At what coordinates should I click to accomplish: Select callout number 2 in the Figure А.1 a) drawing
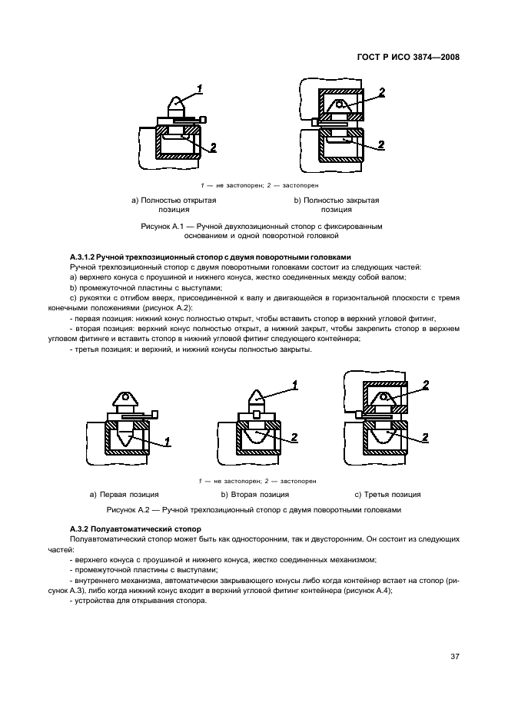click(213, 146)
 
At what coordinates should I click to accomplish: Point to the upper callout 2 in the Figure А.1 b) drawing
click(380, 93)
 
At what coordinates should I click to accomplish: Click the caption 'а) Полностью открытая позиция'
click(174, 204)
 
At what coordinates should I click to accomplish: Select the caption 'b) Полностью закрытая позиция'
click(336, 204)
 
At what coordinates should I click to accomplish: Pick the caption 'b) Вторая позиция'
click(255, 494)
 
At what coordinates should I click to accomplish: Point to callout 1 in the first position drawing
click(168, 442)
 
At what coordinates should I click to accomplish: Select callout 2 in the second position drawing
click(294, 437)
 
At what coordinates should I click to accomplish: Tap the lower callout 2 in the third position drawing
click(426, 437)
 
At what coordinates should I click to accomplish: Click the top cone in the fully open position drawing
click(177, 104)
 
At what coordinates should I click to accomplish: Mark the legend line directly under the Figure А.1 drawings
click(254, 185)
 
